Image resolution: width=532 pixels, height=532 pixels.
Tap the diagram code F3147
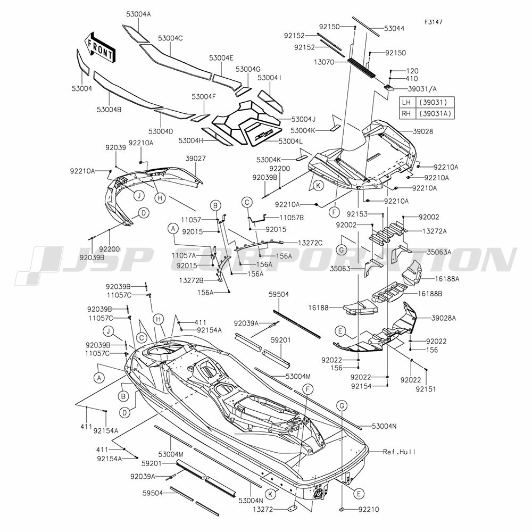point(433,22)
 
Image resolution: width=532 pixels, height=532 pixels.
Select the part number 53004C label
point(170,38)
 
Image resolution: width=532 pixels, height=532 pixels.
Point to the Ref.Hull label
point(399,452)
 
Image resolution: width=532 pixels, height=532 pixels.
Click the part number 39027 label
point(195,159)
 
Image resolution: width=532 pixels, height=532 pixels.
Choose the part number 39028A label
point(444,318)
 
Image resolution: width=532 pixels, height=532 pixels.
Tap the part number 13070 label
point(324,62)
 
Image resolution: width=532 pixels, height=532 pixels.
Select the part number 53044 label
point(394,29)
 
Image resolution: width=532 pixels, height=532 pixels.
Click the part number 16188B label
point(430,294)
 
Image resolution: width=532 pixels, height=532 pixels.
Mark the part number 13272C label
point(310,243)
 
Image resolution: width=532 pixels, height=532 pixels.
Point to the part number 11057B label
point(292,218)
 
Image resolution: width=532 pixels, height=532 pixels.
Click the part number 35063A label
point(439,252)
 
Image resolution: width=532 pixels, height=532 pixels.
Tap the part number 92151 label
point(426,389)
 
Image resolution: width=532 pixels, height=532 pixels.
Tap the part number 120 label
point(412,71)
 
